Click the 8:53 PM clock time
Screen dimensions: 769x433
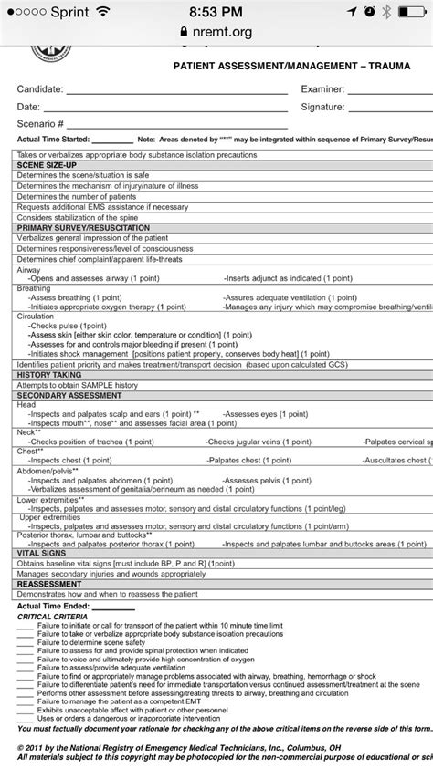pyautogui.click(x=216, y=11)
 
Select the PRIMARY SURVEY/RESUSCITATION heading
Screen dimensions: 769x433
pyautogui.click(x=75, y=226)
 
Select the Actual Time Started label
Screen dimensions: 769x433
pyautogui.click(x=55, y=140)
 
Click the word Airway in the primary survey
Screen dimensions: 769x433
pyautogui.click(x=30, y=271)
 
